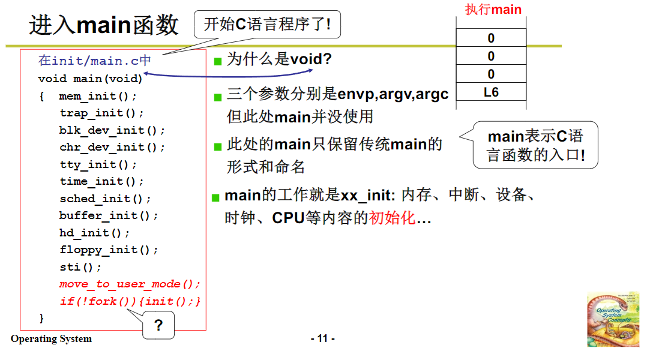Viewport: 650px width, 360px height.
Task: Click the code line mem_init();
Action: click(x=98, y=96)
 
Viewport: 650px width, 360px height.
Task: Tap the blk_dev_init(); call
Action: click(x=112, y=130)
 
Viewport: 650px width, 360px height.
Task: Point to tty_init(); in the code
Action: click(x=98, y=164)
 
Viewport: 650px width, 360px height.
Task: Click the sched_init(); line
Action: click(x=105, y=199)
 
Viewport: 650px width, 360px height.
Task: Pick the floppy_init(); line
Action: click(x=109, y=250)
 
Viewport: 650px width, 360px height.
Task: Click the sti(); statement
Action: click(x=81, y=267)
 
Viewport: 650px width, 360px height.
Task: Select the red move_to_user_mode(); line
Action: click(x=130, y=284)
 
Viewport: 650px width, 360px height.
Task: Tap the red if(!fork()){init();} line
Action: click(x=130, y=301)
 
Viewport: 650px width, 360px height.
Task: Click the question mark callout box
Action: click(x=158, y=326)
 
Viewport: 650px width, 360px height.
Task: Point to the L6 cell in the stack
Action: click(x=491, y=92)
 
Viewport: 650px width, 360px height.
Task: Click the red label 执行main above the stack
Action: click(x=493, y=10)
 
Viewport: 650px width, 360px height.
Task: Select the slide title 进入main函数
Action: click(x=104, y=25)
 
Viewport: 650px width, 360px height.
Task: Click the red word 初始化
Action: click(x=392, y=218)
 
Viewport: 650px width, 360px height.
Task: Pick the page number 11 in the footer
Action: click(x=323, y=339)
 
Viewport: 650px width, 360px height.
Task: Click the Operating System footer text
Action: click(x=51, y=339)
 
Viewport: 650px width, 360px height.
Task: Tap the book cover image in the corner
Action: click(x=613, y=319)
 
